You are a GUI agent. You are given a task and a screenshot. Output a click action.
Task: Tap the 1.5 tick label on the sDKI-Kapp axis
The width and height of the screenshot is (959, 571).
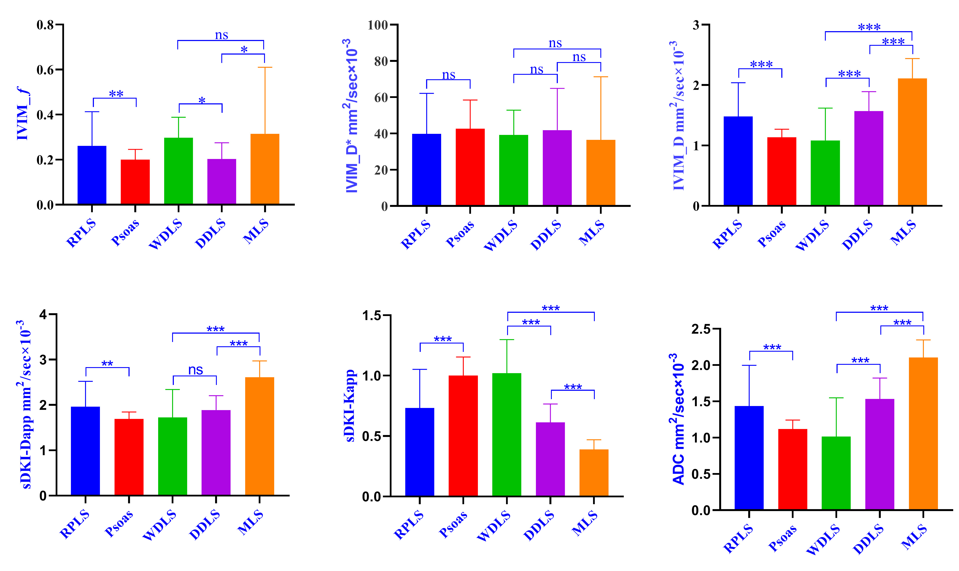(371, 316)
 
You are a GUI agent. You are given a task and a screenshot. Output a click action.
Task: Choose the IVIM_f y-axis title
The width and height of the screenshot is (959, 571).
(23, 113)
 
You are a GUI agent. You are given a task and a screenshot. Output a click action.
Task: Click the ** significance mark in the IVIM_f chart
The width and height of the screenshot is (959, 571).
(116, 93)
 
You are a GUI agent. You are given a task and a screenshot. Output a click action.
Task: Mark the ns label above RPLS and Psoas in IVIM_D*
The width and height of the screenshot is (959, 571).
(448, 75)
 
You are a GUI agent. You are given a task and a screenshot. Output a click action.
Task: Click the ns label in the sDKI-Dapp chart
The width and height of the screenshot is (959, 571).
(196, 370)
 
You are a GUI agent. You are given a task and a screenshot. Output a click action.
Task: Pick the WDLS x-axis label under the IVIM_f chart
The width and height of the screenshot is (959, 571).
(165, 234)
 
